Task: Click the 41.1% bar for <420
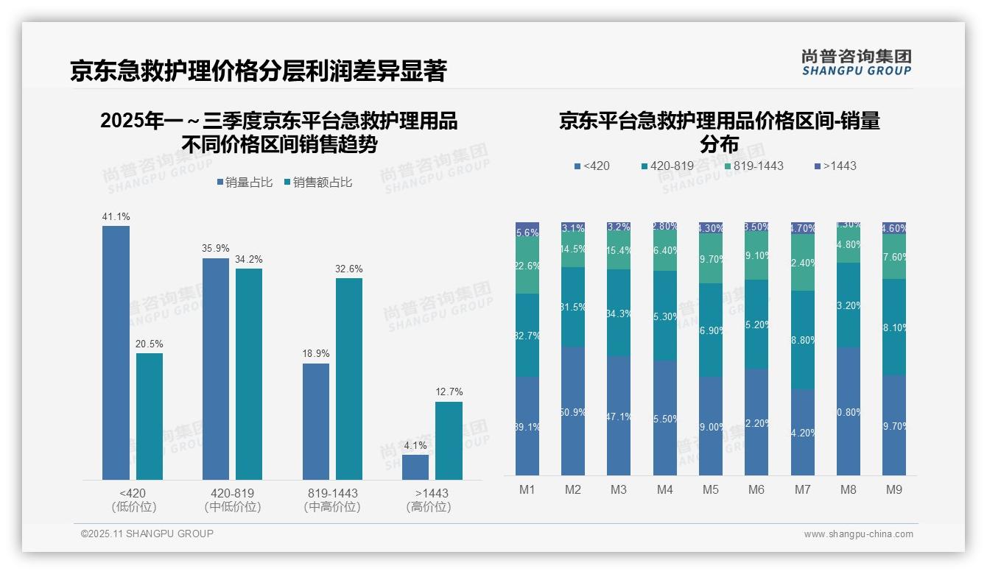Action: coord(116,353)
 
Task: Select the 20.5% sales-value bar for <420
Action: coord(150,417)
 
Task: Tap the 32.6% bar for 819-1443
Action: coord(349,379)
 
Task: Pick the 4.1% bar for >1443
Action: coord(415,467)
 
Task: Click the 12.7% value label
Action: coord(449,392)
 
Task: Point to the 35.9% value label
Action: coord(216,249)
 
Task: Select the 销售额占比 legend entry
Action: coord(317,183)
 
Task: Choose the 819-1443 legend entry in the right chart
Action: coord(752,166)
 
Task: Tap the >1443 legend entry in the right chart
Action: coord(836,166)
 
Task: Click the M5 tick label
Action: coord(711,490)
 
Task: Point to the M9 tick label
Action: coord(893,490)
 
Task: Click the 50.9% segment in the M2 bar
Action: coord(573,411)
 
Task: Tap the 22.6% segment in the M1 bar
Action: coord(527,266)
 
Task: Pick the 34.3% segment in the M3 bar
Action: coord(619,313)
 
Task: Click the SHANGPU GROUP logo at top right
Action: coord(856,63)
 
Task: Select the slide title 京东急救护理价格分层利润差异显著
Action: coord(259,71)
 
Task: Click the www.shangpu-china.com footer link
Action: coord(858,534)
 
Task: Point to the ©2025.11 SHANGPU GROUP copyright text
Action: coord(147,534)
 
